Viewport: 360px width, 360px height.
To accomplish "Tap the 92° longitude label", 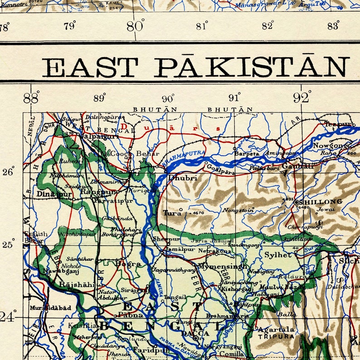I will [302, 97].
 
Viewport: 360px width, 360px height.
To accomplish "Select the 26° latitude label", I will [9, 172].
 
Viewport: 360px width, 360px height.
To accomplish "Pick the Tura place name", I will [172, 212].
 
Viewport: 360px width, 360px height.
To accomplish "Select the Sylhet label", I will [278, 255].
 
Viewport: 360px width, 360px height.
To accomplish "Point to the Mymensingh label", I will [223, 266].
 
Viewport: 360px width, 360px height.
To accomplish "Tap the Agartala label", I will [276, 330].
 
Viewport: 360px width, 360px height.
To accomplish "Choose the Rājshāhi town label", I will [77, 284].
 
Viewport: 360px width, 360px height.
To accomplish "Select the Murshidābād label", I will [50, 307].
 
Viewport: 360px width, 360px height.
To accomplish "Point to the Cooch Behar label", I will [135, 154].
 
